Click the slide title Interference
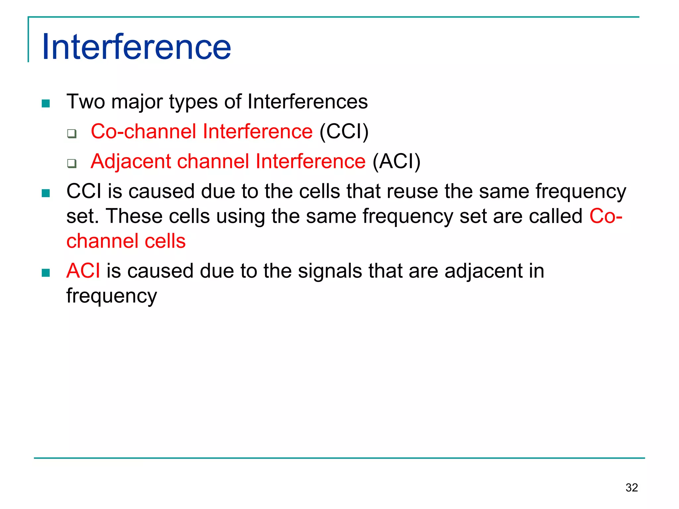(136, 47)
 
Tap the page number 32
(631, 487)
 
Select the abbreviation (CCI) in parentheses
(344, 132)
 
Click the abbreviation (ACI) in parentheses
(396, 162)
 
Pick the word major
(137, 102)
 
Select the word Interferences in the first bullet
(307, 101)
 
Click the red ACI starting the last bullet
(83, 271)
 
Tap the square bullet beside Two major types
(46, 104)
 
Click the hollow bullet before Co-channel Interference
(72, 134)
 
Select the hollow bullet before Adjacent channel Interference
(72, 163)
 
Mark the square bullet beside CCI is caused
(46, 193)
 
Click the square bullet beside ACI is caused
(46, 273)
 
